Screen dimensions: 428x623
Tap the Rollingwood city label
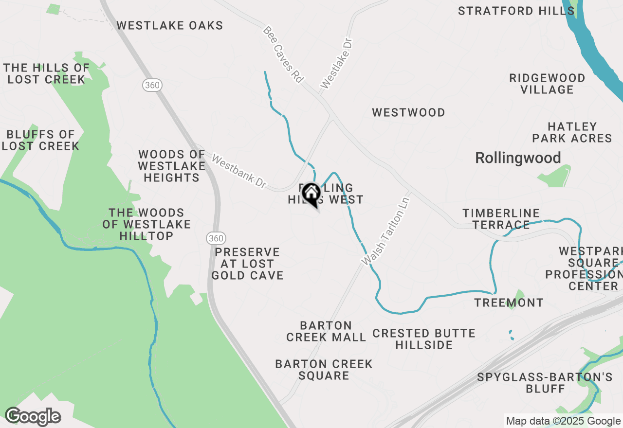[x=518, y=158]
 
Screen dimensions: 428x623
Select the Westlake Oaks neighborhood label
[x=169, y=26]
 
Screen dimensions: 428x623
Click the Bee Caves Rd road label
[x=283, y=54]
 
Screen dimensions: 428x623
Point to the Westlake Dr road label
[x=336, y=63]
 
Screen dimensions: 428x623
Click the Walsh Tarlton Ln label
[x=385, y=231]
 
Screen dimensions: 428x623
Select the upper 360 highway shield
[x=152, y=85]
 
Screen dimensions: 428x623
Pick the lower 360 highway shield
[x=215, y=238]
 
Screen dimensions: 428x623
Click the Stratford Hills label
[x=510, y=11]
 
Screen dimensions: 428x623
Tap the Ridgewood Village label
[x=547, y=84]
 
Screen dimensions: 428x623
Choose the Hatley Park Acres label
[x=572, y=133]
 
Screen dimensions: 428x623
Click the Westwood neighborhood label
[x=408, y=113]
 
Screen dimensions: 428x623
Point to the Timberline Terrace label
[x=501, y=219]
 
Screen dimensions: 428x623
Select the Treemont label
[x=509, y=303]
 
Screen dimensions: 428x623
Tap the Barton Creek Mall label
[x=326, y=331]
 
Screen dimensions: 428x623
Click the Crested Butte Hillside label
[x=423, y=339]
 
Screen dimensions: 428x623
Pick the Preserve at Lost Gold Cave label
[x=247, y=264]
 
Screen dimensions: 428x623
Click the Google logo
[x=33, y=417]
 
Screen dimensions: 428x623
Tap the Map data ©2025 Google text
[x=563, y=421]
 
